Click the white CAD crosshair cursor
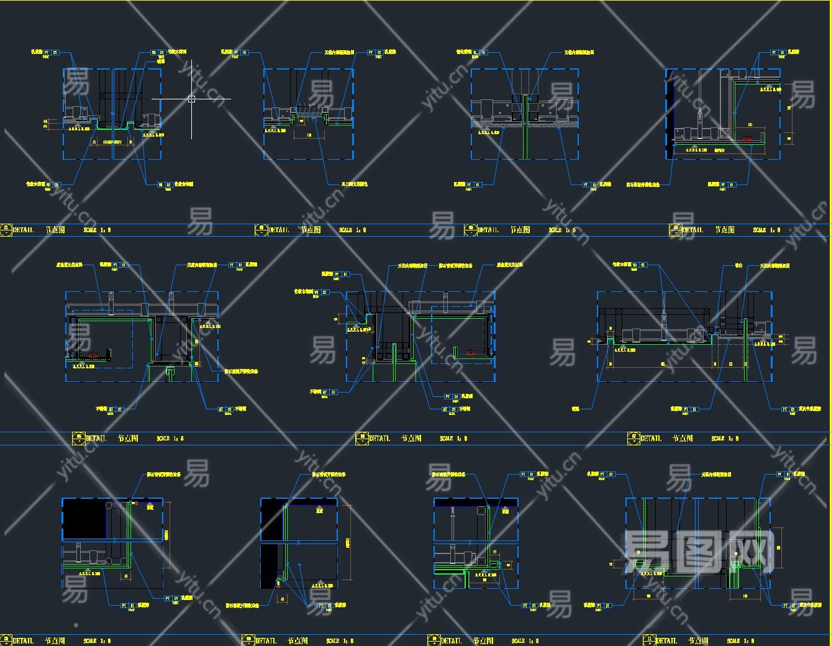point(191,99)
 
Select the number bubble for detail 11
point(649,640)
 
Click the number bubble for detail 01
point(6,229)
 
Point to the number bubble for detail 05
point(79,438)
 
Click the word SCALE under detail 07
point(718,439)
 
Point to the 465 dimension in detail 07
point(663,363)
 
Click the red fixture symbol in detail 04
point(748,140)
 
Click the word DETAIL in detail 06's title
point(379,439)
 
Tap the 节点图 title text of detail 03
point(520,230)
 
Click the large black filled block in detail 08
point(84,519)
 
